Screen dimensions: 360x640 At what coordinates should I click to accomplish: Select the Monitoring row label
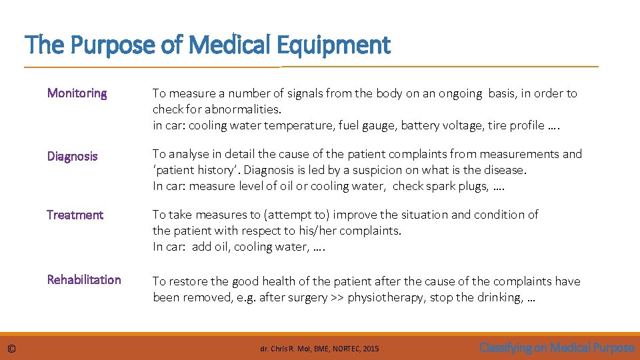77,93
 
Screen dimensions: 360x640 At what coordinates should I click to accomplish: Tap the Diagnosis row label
72,156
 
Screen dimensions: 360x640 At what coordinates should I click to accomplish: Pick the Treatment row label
75,215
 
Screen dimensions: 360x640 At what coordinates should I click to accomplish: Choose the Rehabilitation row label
84,279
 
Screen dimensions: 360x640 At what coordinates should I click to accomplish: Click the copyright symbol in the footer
12,348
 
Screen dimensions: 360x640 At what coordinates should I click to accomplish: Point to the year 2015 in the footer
371,349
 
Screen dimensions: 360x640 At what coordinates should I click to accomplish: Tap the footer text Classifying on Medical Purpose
557,347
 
